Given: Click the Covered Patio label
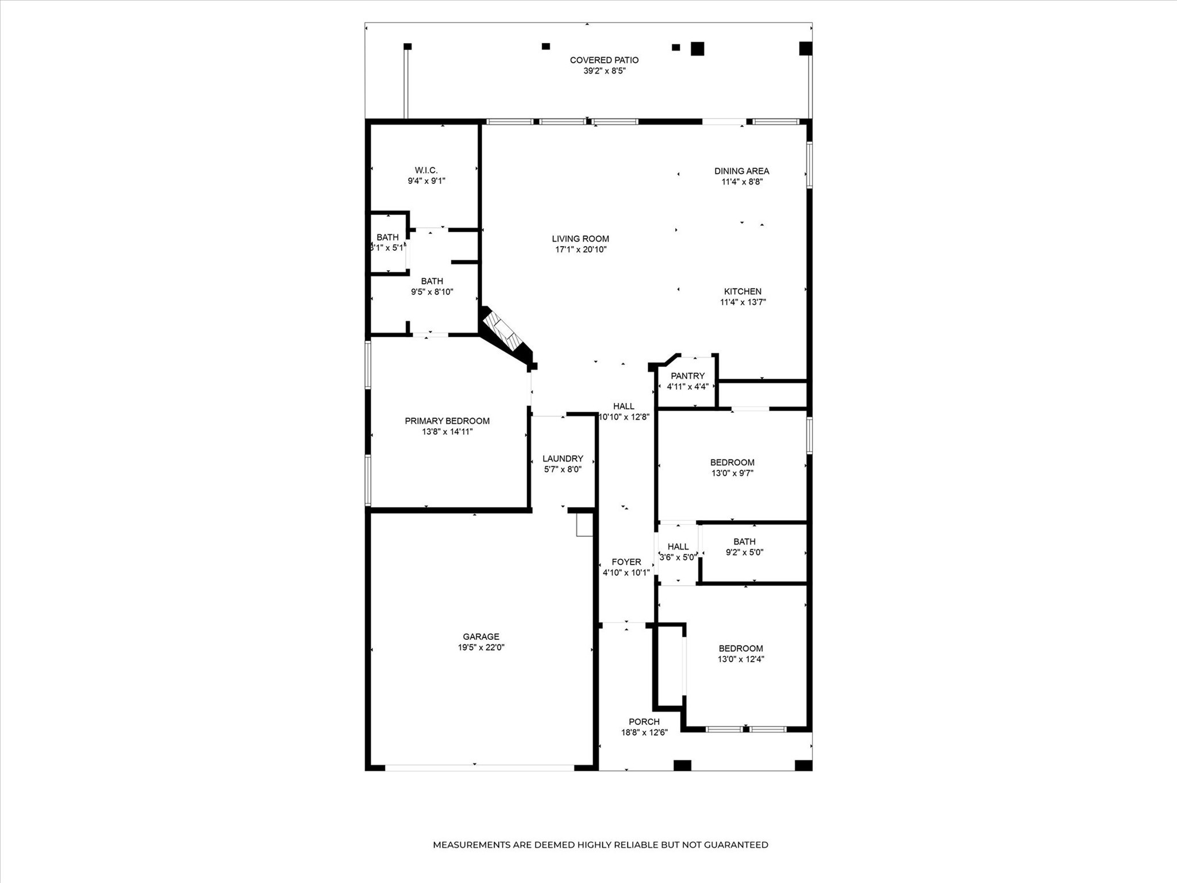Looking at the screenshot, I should [604, 60].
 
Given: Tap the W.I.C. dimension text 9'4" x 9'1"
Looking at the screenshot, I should [426, 181].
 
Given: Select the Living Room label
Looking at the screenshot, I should [580, 239].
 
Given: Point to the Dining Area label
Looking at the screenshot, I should [741, 171].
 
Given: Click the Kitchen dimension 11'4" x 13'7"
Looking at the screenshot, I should [743, 302].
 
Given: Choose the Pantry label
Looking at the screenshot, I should [687, 376].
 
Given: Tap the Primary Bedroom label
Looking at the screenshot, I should [447, 421].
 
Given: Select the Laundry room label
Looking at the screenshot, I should [563, 459].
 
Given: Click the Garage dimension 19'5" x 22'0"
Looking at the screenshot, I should [481, 647].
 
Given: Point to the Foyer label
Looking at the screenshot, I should [626, 562].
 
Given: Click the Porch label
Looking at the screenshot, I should [644, 722].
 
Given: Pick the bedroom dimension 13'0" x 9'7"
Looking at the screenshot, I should [732, 473].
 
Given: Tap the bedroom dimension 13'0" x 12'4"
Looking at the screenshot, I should [741, 659].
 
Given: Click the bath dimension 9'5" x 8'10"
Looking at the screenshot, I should [432, 291].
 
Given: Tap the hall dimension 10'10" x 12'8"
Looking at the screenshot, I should [624, 417].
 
